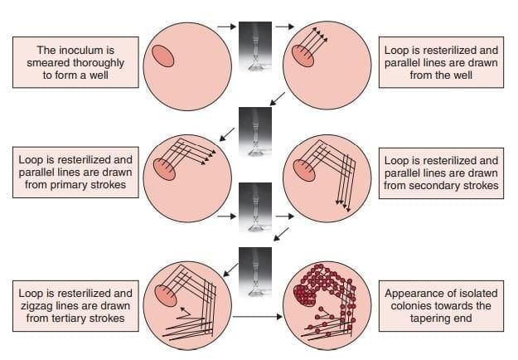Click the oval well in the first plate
pos(162,55)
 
